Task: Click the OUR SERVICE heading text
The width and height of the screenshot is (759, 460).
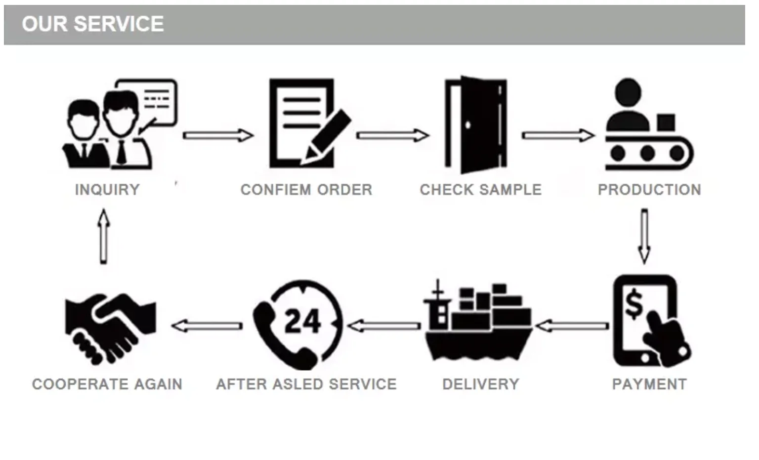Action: point(92,24)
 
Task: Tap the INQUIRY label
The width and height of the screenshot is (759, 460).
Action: point(107,190)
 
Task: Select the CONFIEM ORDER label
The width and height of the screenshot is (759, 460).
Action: point(306,190)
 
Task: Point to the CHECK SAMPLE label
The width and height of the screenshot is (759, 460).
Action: point(481,190)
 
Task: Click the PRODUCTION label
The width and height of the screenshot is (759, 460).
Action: point(649,190)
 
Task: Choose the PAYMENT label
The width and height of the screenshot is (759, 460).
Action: point(649,384)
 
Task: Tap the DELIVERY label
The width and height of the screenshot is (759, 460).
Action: point(481,384)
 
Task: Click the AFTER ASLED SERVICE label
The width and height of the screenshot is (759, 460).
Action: point(306,384)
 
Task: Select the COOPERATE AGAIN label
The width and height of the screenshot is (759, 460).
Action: point(107,384)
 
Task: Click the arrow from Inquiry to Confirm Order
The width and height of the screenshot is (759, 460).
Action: point(218,135)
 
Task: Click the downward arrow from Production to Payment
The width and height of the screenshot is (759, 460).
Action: point(644,236)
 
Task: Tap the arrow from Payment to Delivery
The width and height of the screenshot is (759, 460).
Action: point(572,326)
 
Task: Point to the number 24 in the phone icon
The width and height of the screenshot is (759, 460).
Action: point(302,322)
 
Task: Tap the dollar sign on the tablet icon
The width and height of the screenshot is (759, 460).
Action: point(633,304)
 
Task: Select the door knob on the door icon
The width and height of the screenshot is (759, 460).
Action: point(467,125)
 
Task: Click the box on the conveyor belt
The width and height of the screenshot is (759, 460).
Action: point(666,122)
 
